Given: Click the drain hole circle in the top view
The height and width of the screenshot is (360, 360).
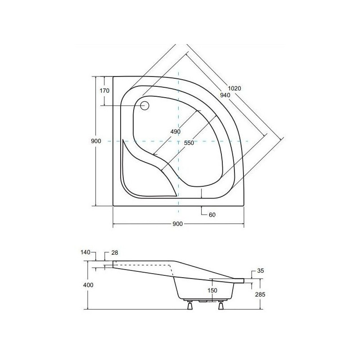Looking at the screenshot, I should tap(144, 106).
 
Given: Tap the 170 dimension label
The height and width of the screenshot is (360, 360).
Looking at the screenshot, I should tap(104, 90).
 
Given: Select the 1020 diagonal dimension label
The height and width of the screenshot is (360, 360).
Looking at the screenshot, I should tap(234, 89).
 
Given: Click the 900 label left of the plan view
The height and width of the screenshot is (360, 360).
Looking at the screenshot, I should tap(95, 141).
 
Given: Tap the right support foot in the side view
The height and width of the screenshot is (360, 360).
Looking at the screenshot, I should tap(221, 306).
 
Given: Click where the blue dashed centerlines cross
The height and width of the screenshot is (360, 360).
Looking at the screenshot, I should tap(179, 141).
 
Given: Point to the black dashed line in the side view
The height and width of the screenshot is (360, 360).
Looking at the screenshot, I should tap(144, 265).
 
